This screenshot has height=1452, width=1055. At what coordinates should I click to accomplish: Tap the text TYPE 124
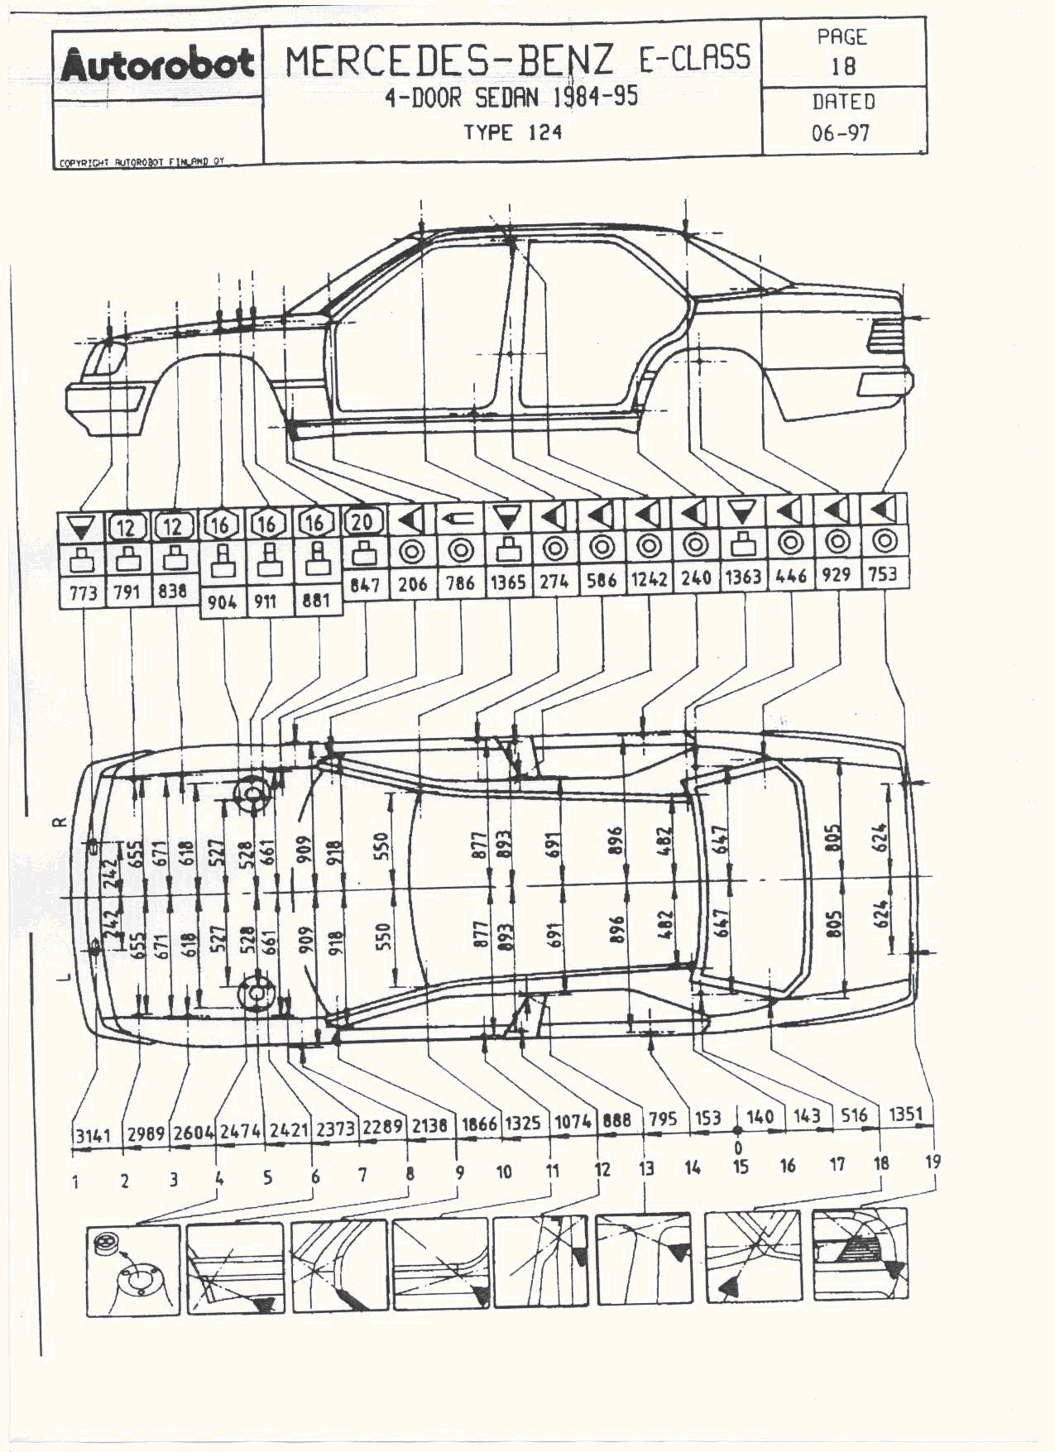(512, 132)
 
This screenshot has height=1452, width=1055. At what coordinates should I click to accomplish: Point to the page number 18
(842, 66)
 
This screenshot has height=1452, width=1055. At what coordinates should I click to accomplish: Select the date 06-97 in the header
(841, 132)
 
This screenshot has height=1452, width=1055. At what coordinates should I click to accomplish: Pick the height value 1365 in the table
(507, 582)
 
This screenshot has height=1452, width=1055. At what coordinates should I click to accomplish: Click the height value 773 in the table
(83, 592)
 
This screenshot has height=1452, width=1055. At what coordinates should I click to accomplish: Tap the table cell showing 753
(883, 574)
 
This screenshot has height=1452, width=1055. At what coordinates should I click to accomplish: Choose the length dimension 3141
(93, 1135)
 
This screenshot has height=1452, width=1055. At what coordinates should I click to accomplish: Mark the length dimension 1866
(479, 1124)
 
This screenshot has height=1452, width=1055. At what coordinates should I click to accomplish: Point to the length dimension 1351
(904, 1114)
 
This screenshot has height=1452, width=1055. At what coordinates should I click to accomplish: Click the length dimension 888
(616, 1120)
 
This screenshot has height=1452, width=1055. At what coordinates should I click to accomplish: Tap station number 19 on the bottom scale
(933, 1162)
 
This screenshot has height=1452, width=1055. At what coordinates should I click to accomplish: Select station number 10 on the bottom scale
(504, 1172)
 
